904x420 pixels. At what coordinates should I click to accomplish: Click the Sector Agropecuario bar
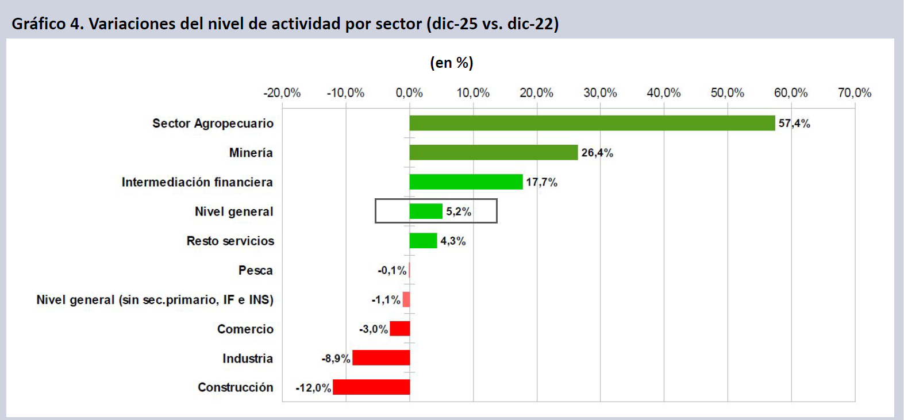click(592, 123)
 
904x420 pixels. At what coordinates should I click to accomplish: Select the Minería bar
click(493, 152)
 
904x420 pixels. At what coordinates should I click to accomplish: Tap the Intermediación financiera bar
click(466, 182)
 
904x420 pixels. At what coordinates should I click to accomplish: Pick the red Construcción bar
click(371, 387)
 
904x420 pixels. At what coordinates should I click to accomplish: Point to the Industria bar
click(381, 358)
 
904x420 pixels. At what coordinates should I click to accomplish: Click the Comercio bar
click(399, 329)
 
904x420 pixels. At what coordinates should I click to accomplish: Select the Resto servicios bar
click(423, 241)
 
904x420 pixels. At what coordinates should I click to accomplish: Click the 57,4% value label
click(794, 124)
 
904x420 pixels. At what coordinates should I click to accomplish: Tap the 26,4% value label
click(597, 153)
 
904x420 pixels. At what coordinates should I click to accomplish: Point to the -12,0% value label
click(313, 388)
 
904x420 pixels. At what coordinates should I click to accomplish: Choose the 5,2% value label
click(459, 211)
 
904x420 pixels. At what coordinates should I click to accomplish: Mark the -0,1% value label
click(392, 271)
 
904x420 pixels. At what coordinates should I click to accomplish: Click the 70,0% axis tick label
click(854, 93)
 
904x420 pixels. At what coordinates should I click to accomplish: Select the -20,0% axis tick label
click(282, 93)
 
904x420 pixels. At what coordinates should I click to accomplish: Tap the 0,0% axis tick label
click(409, 93)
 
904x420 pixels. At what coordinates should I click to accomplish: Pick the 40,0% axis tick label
click(663, 93)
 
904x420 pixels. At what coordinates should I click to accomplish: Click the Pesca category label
click(256, 271)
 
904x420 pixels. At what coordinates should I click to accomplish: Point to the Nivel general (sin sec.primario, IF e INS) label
click(155, 300)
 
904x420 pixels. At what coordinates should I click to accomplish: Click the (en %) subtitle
click(452, 63)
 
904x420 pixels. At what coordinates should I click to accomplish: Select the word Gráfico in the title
click(39, 24)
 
